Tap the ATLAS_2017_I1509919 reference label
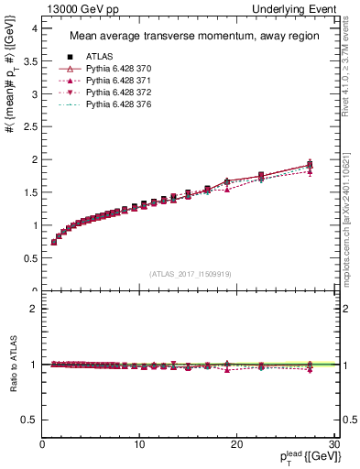tap(190, 273)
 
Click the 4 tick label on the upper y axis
tap(33, 28)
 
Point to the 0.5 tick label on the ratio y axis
tap(29, 420)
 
